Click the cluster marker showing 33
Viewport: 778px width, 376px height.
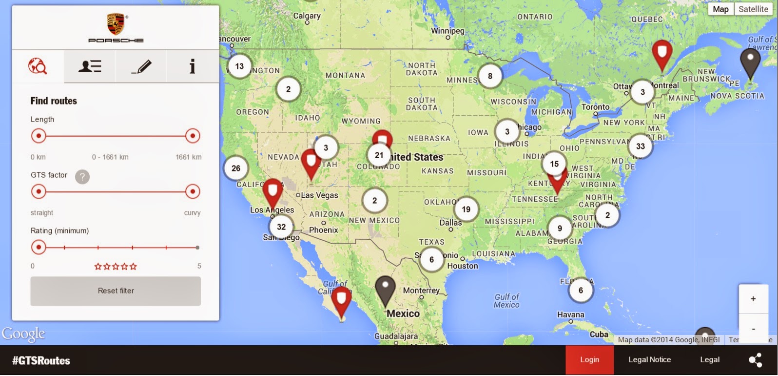[x=640, y=146]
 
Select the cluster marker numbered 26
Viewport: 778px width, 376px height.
[x=236, y=168]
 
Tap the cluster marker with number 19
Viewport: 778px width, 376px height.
[x=466, y=209]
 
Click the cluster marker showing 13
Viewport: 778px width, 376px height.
[x=239, y=66]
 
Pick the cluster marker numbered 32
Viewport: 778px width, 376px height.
[x=281, y=227]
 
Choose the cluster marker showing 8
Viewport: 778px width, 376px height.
[x=490, y=76]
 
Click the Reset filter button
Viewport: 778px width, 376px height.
[x=116, y=291]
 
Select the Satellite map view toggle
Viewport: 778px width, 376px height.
[x=753, y=9]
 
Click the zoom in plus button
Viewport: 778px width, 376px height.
[x=753, y=299]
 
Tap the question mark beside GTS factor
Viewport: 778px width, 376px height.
[x=82, y=177]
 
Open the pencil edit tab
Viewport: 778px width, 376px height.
[x=141, y=66]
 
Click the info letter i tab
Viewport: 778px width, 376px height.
[x=193, y=66]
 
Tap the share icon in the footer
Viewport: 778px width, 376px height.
[x=755, y=360]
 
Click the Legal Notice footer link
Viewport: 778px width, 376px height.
[x=649, y=360]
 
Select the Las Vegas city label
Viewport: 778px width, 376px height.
[x=319, y=195]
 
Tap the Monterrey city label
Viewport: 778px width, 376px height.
[x=421, y=291]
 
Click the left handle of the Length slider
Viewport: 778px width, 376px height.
[x=39, y=136]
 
